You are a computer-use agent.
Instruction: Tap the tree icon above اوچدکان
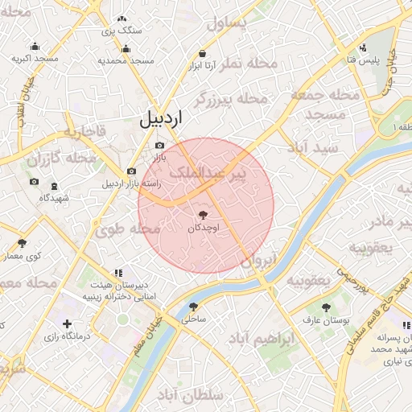pos(202,215)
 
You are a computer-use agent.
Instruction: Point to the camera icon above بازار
pos(159,145)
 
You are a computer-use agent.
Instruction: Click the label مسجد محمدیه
pos(126,60)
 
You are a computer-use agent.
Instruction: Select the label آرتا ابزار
pos(200,67)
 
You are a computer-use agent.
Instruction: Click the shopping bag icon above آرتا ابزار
pos(200,54)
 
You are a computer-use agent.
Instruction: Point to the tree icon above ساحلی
pos(193,307)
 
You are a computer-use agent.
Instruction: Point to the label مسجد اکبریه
pos(35,60)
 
